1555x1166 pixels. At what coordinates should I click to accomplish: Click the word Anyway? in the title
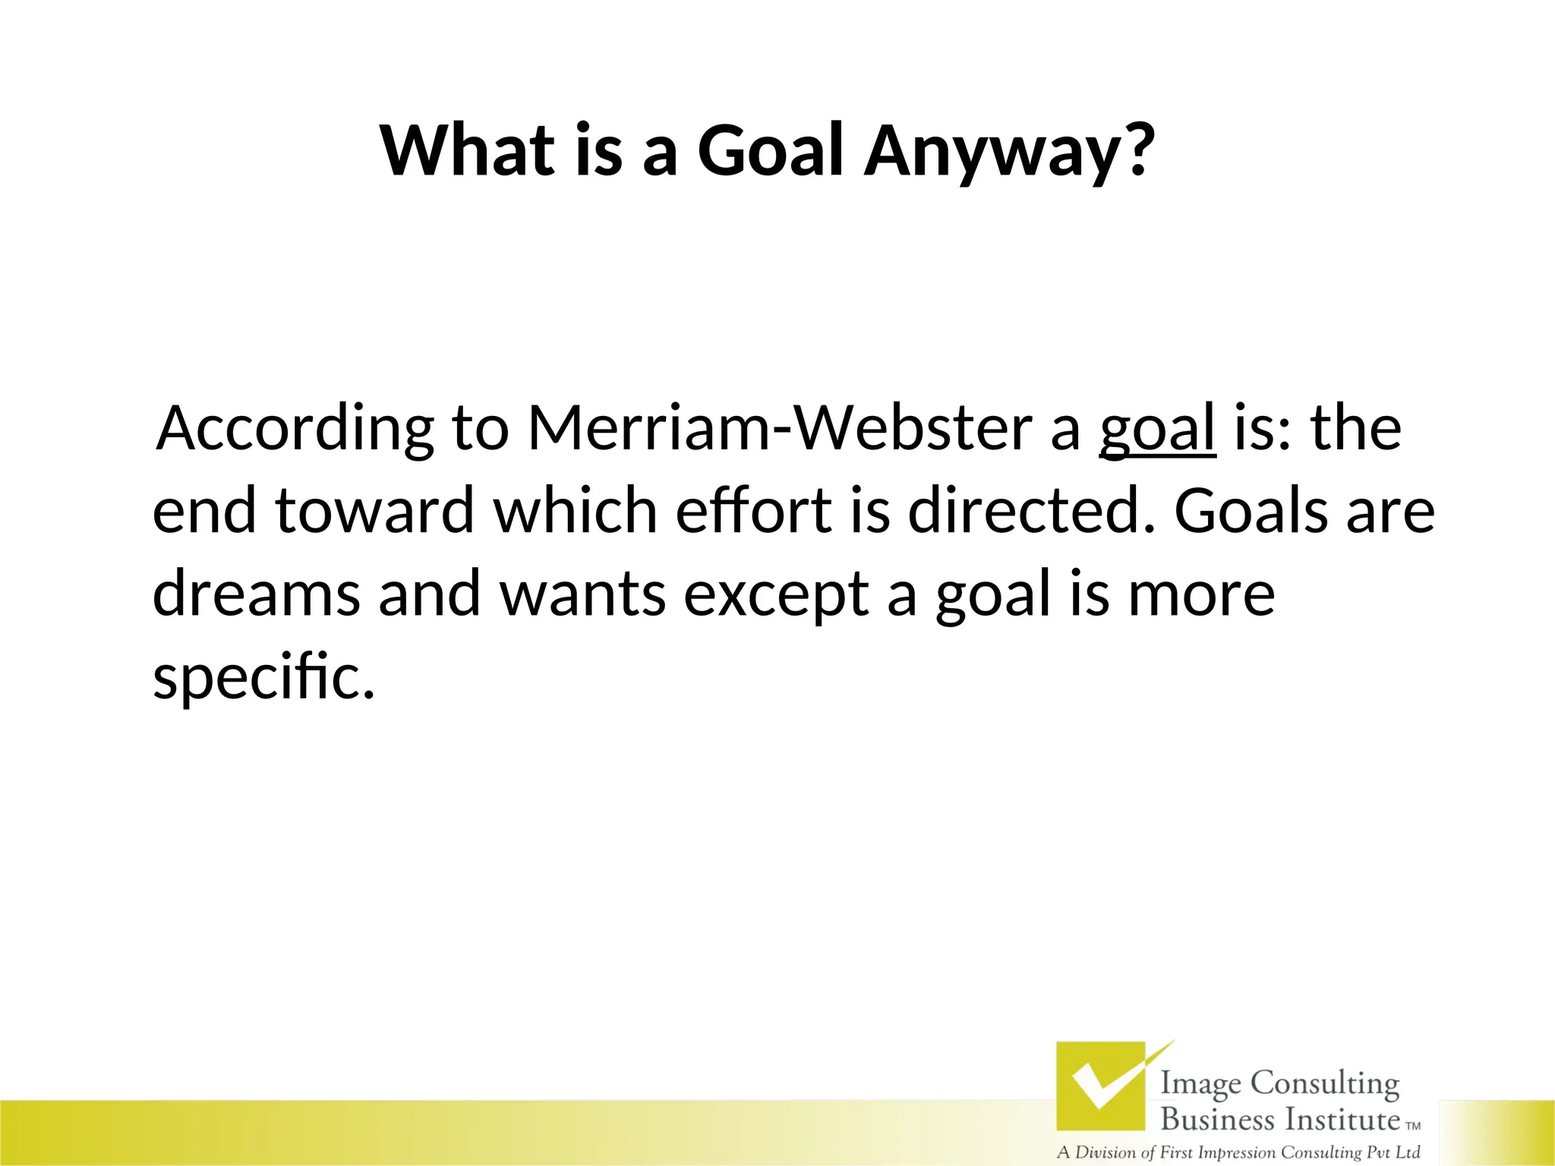point(1010,152)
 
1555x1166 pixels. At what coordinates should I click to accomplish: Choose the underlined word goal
point(1157,430)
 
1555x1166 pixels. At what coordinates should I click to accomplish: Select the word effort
point(753,510)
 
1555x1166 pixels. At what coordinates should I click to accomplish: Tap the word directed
point(1032,510)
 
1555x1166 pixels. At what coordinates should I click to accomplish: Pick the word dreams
point(256,594)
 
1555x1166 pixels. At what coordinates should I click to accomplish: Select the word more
point(1201,594)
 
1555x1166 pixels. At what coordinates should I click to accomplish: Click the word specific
point(263,678)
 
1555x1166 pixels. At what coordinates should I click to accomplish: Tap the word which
point(575,510)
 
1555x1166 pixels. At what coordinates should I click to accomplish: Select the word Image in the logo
point(1202,1084)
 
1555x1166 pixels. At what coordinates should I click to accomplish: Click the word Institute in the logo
point(1342,1120)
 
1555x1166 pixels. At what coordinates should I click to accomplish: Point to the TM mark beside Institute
point(1413,1127)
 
